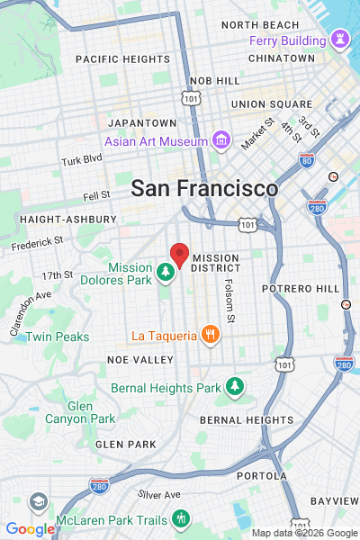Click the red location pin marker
coord(180,255)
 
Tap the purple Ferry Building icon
coord(340,40)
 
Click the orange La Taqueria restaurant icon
coord(210,336)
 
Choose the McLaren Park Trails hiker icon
coord(182,518)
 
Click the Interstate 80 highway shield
coord(306,161)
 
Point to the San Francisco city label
coord(204,189)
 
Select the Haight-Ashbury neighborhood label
coord(67,219)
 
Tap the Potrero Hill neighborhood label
coord(301,288)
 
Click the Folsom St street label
coord(230,301)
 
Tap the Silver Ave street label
coord(159,494)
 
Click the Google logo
coord(30,529)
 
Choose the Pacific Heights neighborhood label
coord(122,58)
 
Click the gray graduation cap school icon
coord(38,501)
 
